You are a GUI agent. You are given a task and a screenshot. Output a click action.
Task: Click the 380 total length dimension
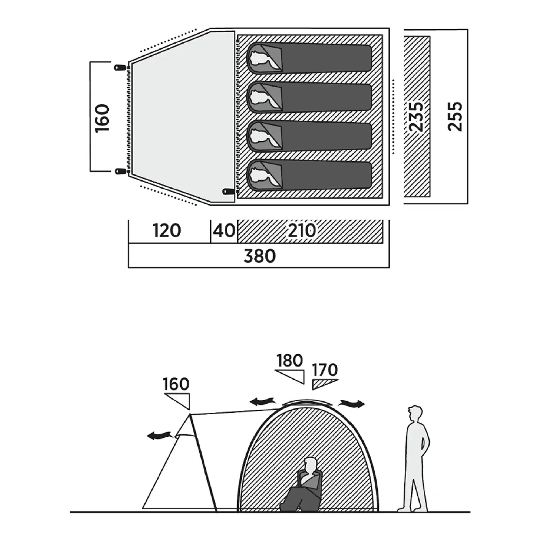click(260, 256)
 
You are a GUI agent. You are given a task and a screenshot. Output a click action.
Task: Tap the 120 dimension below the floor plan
click(167, 231)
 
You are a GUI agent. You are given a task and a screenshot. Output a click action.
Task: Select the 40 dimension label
click(224, 231)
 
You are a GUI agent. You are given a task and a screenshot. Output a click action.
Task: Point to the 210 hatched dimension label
click(302, 231)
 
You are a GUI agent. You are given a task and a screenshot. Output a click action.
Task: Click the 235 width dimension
click(416, 117)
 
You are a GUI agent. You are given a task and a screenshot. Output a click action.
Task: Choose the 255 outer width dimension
click(455, 117)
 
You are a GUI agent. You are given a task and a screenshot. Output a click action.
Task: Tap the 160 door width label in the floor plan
click(102, 118)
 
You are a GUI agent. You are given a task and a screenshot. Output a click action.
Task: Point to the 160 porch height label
click(176, 384)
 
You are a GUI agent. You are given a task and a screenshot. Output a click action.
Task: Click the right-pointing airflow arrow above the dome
click(352, 404)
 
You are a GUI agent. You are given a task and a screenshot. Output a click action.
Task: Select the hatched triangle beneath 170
click(325, 384)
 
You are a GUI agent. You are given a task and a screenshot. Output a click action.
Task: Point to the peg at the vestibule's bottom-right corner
click(228, 191)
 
